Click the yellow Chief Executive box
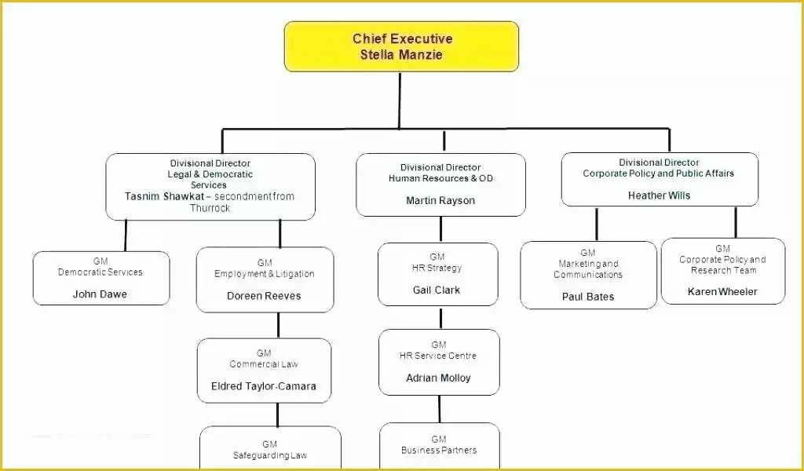(401, 46)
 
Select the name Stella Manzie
(401, 55)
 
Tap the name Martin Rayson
(440, 200)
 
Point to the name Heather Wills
(659, 195)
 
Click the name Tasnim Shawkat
(165, 196)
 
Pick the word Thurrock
(210, 208)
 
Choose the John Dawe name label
(100, 294)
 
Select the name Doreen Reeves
(264, 296)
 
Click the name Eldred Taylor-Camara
(264, 386)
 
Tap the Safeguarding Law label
(270, 455)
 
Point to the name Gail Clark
(437, 290)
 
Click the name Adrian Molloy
(438, 378)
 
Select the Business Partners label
(439, 450)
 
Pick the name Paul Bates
(588, 297)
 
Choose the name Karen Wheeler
(722, 291)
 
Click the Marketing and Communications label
(588, 269)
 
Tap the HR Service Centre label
(438, 356)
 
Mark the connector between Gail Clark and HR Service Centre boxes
(440, 318)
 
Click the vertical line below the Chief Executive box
(400, 100)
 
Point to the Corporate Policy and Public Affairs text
(659, 173)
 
